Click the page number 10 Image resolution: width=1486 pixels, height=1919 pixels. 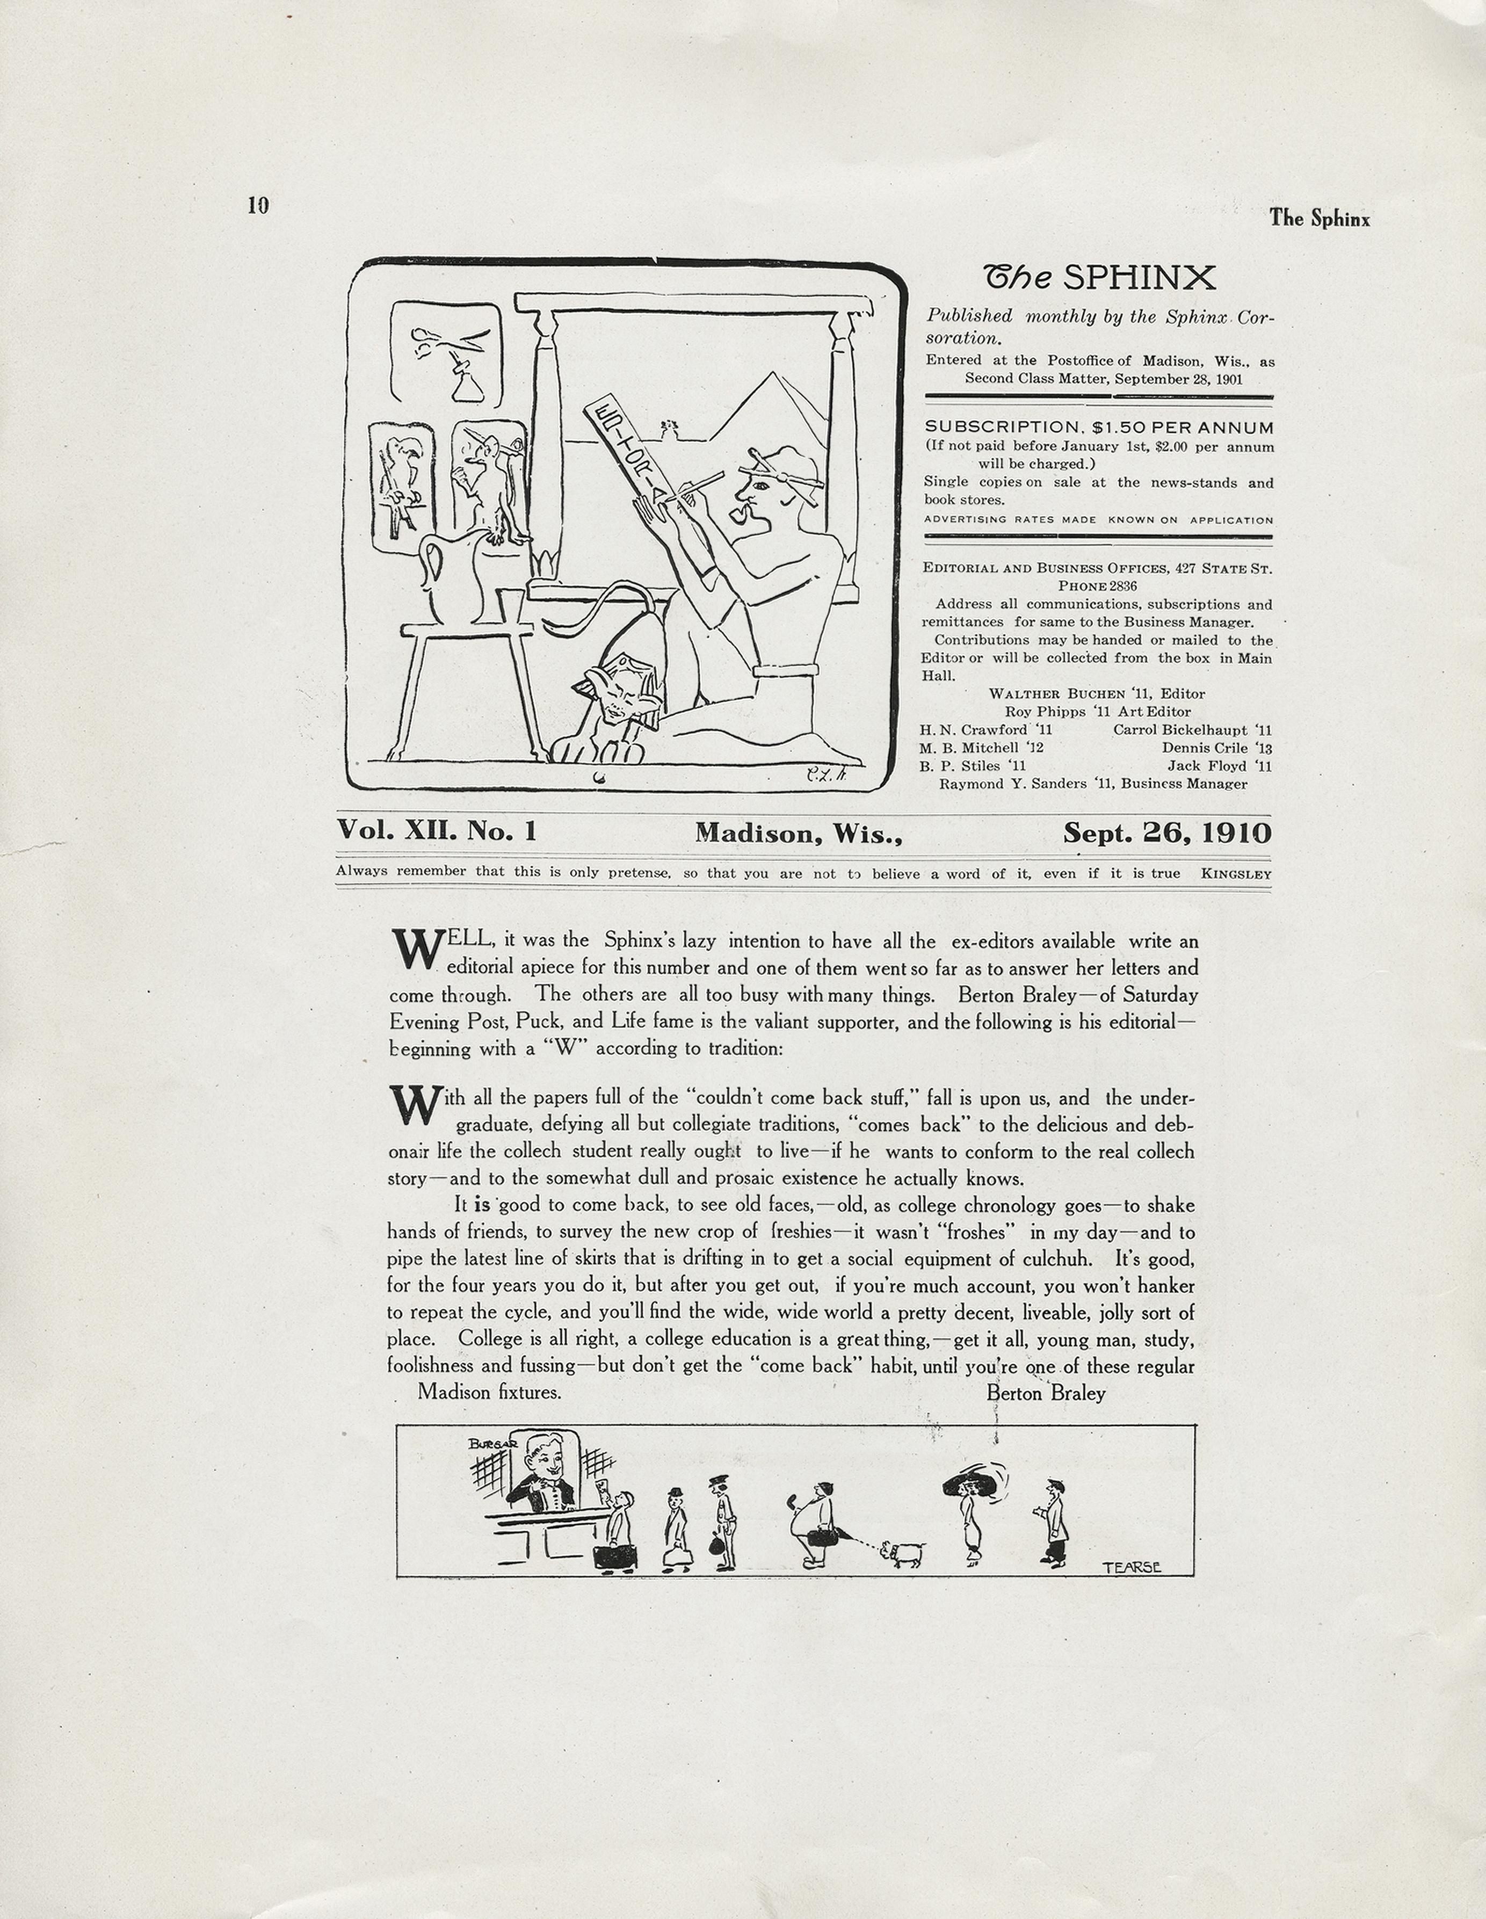(x=257, y=206)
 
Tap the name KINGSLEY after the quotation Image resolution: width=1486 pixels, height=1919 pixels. (x=1236, y=873)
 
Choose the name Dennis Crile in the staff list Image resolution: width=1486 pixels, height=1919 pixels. (x=1204, y=748)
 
